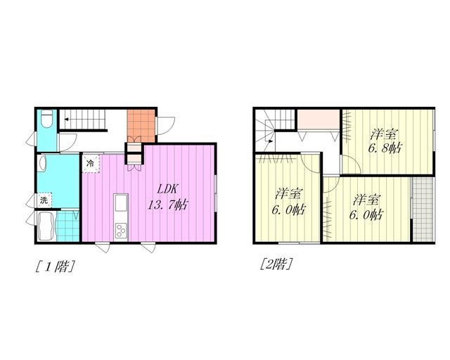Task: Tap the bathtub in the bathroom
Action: [x=46, y=226]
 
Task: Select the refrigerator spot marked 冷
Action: [x=91, y=164]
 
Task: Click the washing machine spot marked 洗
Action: [x=44, y=200]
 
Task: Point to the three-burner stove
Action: [x=121, y=231]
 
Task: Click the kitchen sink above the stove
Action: [x=121, y=202]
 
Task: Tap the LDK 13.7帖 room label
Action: [x=167, y=197]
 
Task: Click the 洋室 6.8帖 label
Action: [x=385, y=141]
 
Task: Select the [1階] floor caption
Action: [x=55, y=266]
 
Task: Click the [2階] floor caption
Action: [x=276, y=264]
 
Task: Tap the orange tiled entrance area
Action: [x=141, y=125]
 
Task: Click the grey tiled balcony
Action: [x=423, y=210]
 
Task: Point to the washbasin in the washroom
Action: [x=42, y=163]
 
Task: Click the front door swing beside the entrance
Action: [x=166, y=126]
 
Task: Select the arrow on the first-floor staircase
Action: [x=67, y=119]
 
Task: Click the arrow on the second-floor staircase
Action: [x=269, y=141]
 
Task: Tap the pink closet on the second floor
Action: [x=319, y=120]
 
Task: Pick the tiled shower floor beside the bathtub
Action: [x=67, y=226]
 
